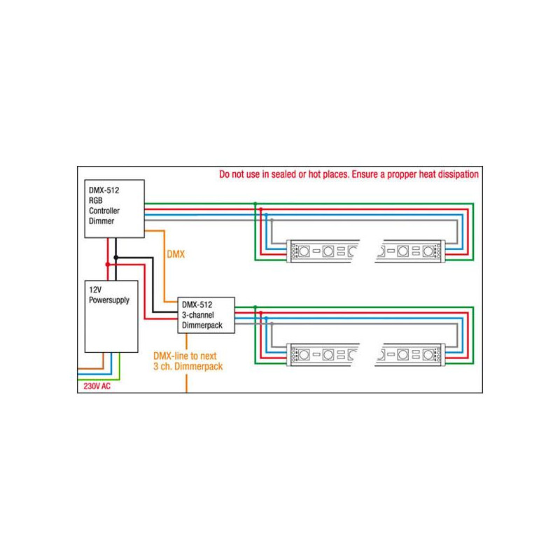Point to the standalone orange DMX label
click(175, 255)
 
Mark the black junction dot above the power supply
click(115, 258)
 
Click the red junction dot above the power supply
click(106, 264)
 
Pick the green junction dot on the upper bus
click(255, 204)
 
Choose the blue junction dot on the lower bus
click(267, 318)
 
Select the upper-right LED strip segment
click(409, 251)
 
